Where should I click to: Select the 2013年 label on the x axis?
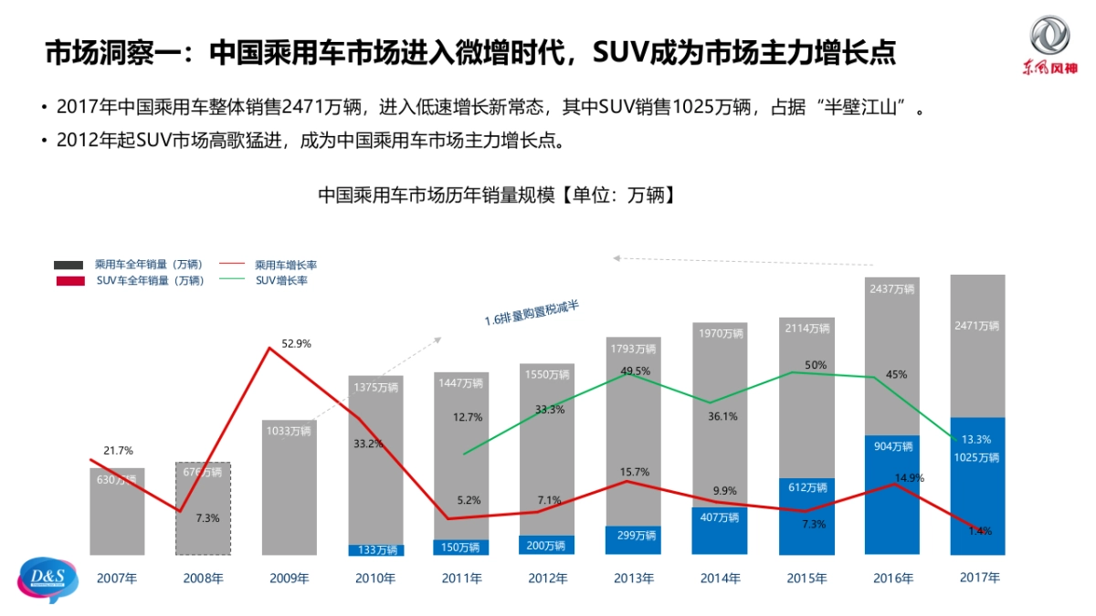pos(634,579)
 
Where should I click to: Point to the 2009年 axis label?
pos(290,579)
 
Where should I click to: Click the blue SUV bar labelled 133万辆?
pos(375,550)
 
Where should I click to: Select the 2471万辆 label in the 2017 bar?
pos(977,326)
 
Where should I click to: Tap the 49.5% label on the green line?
pos(635,371)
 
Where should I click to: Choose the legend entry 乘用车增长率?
pos(285,265)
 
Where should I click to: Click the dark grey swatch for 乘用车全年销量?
pos(70,265)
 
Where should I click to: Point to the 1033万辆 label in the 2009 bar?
pos(289,431)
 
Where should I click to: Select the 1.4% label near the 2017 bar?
pos(980,530)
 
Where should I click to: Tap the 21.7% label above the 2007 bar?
pos(118,451)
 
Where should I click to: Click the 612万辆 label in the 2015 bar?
pos(806,487)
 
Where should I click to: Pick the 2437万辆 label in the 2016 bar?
pos(891,288)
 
